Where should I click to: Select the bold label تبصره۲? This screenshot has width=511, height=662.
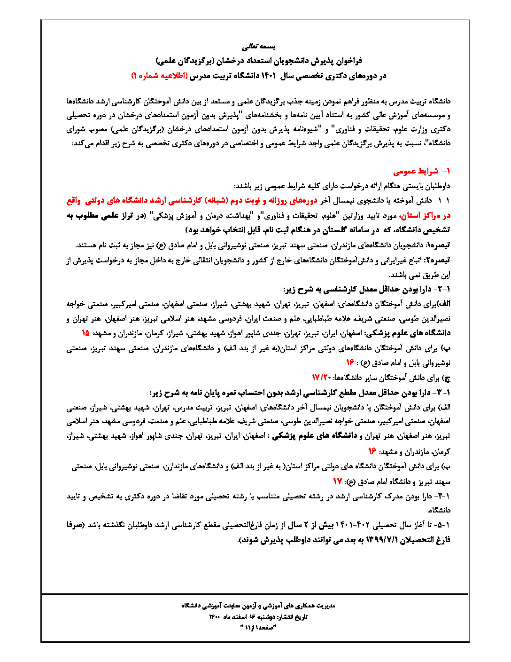438,260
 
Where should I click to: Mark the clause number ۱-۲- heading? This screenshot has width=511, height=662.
442,289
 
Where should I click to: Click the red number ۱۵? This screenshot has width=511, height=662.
85,333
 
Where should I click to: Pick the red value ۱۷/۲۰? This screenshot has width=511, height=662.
322,378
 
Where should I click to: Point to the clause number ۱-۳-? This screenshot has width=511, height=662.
442,392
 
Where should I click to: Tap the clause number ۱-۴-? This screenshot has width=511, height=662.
442,496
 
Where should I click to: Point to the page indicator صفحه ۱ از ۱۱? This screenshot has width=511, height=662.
255,628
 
